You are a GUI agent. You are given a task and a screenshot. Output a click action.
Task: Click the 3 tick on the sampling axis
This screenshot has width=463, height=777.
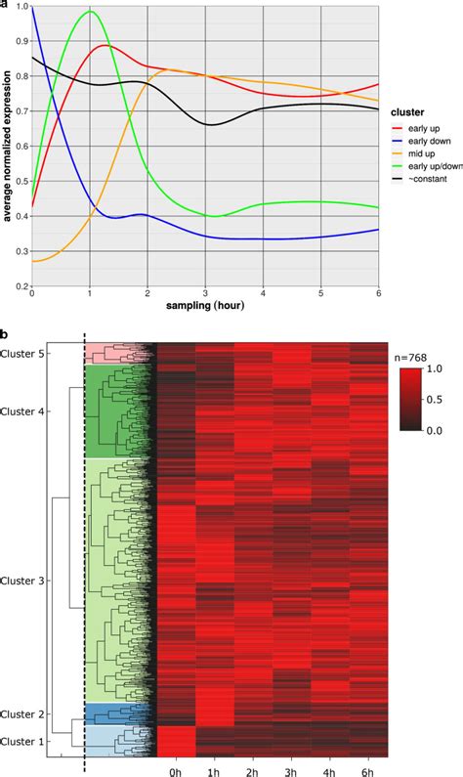pos(206,295)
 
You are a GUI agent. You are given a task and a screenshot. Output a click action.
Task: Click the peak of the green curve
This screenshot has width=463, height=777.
pos(91,12)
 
